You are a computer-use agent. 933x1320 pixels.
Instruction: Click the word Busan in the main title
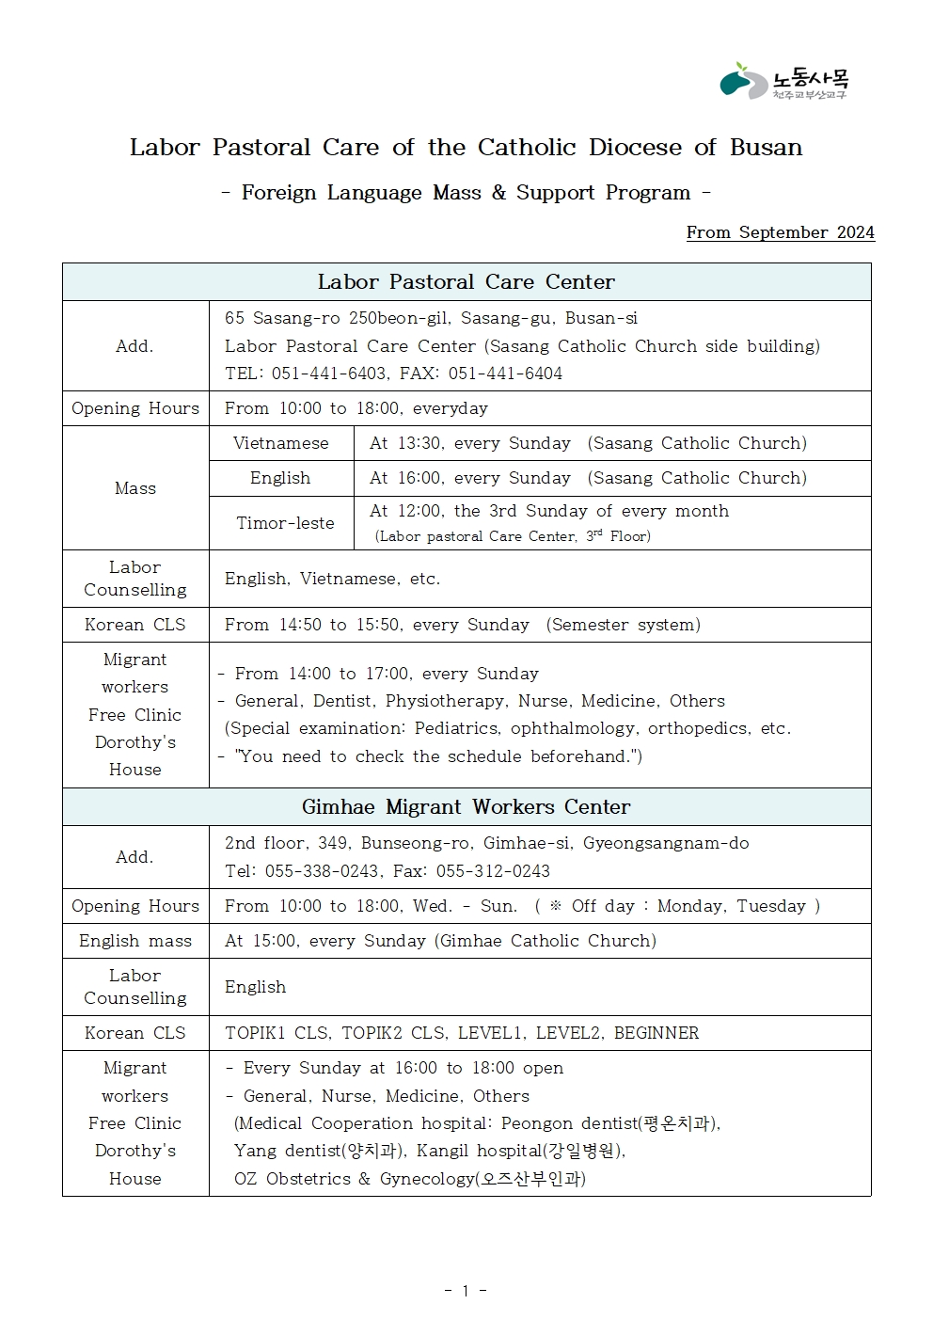pos(766,148)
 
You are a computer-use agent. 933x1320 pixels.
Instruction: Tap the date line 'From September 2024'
pos(780,232)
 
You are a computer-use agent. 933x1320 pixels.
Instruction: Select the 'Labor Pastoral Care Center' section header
pos(466,282)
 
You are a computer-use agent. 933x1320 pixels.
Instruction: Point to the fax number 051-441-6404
pos(505,374)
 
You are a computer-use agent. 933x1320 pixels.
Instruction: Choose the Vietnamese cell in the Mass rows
pos(280,443)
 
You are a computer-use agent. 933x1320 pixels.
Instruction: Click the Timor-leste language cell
pos(285,523)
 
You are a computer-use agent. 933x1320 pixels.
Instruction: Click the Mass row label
pos(134,488)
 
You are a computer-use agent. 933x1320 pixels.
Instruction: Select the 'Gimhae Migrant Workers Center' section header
pos(466,807)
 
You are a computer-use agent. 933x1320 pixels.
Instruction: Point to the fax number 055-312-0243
pos(493,871)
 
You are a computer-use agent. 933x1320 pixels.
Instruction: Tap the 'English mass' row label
pos(134,941)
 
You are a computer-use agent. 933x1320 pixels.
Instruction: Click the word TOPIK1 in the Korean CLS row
pos(255,1033)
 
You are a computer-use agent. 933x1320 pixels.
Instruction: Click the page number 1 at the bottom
pos(465,1291)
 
